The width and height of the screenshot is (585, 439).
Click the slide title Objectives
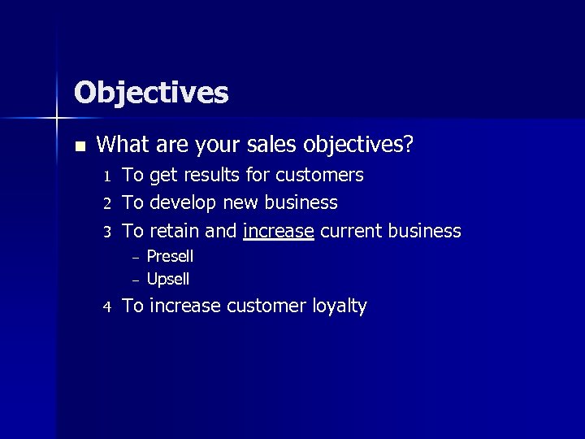pyautogui.click(x=151, y=93)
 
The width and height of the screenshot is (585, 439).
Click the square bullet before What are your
pyautogui.click(x=79, y=146)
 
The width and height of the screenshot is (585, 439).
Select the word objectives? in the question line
pyautogui.click(x=358, y=146)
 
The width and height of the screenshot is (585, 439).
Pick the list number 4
pyautogui.click(x=106, y=307)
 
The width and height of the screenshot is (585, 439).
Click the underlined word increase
pyautogui.click(x=278, y=231)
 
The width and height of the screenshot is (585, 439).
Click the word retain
pyautogui.click(x=175, y=231)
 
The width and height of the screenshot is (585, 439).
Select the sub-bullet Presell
pyautogui.click(x=170, y=257)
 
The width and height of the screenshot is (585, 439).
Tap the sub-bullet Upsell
pyautogui.click(x=167, y=280)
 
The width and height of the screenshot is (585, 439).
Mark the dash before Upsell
pyautogui.click(x=137, y=280)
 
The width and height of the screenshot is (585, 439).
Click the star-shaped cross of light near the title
pyautogui.click(x=57, y=120)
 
